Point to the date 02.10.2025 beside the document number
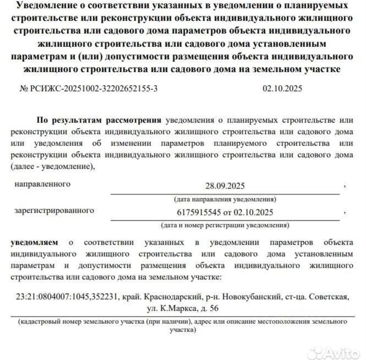pyautogui.click(x=282, y=89)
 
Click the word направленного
pyautogui.click(x=43, y=184)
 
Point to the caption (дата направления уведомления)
pyautogui.click(x=225, y=200)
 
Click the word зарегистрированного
pyautogui.click(x=54, y=211)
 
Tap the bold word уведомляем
pyautogui.click(x=34, y=242)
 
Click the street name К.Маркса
pyautogui.click(x=177, y=308)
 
